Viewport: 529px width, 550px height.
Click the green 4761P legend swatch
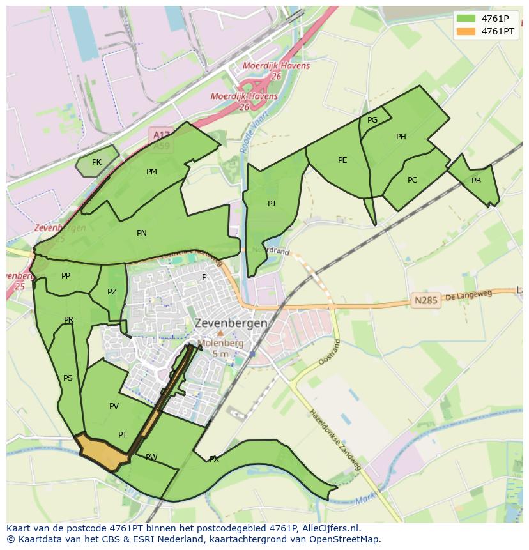coord(466,19)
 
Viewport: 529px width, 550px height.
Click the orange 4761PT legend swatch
coord(466,31)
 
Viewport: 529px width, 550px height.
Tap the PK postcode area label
coord(96,162)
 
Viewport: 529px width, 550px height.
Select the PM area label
coord(151,172)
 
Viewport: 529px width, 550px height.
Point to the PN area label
coord(142,233)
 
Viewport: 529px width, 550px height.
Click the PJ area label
coord(272,204)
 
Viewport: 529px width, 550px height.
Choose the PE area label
coord(342,160)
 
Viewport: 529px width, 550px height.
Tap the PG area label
coord(372,120)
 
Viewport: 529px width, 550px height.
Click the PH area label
coord(401,137)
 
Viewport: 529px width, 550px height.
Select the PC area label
coord(412,180)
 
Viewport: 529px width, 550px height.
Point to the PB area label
coord(476,181)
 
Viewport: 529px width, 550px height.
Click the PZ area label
coord(112,292)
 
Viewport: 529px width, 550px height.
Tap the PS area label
coord(68,378)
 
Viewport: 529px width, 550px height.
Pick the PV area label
coord(114,406)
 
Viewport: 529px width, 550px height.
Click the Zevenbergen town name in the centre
coord(231,323)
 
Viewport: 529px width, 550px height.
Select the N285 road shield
coord(426,300)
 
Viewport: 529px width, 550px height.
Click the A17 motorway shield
coord(160,135)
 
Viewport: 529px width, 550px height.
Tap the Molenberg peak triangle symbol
coord(220,333)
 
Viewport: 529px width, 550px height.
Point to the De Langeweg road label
coord(469,296)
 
